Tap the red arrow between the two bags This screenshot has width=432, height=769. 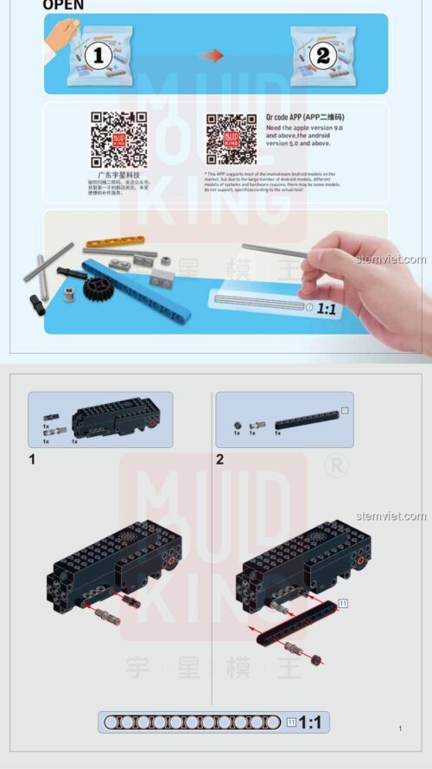pyautogui.click(x=213, y=55)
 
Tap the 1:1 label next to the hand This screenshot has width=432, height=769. pyautogui.click(x=327, y=307)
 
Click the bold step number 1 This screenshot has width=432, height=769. pyautogui.click(x=33, y=459)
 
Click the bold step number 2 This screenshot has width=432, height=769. pyautogui.click(x=220, y=459)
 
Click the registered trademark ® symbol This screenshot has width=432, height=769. pyautogui.click(x=335, y=465)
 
